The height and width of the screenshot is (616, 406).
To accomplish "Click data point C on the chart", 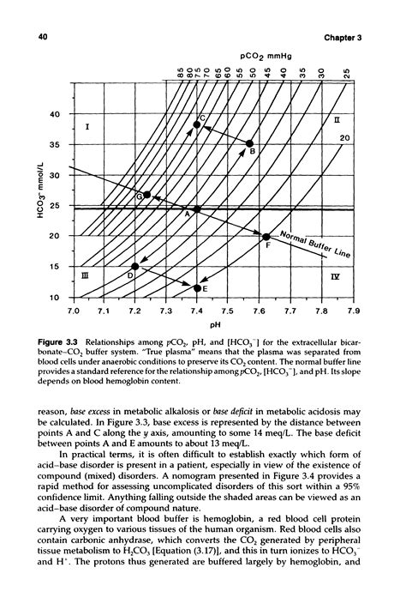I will tap(197, 124).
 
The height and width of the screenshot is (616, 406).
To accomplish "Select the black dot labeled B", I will tap(249, 144).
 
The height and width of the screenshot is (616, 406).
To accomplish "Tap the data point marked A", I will tap(197, 208).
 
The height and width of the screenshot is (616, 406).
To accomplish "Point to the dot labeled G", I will tap(147, 195).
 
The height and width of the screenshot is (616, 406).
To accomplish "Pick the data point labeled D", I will tap(135, 267).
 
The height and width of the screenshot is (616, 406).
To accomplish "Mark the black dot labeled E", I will tap(197, 288).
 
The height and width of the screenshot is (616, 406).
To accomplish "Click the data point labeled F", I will tap(266, 237).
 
